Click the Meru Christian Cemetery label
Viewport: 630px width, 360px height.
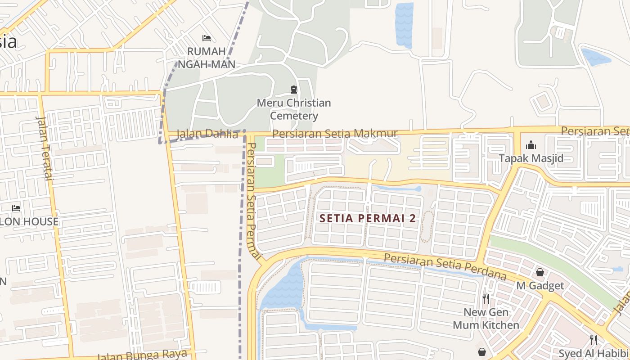point(294,109)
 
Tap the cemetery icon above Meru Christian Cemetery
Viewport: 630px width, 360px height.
point(294,90)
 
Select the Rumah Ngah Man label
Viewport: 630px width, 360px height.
point(207,58)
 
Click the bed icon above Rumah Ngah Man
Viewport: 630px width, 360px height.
point(207,38)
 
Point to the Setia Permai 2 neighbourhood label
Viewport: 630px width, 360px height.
point(368,219)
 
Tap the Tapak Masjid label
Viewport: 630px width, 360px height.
point(531,158)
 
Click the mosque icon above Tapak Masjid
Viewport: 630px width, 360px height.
point(531,145)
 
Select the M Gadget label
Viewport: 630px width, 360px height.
point(540,286)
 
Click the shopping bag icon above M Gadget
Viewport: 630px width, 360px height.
point(540,272)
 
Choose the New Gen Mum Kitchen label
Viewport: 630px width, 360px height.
point(486,319)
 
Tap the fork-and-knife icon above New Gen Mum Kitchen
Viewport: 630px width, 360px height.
point(486,298)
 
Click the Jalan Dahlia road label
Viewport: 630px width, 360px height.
point(207,134)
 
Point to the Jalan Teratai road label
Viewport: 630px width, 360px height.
point(45,148)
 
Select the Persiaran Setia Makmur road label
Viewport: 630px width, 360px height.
point(335,134)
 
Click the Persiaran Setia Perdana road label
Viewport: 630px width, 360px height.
point(445,266)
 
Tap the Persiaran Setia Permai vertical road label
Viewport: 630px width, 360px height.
point(254,200)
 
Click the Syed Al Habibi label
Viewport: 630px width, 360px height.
point(594,353)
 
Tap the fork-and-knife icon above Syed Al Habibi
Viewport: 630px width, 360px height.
point(594,340)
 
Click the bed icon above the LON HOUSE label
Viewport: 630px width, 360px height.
point(16,208)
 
